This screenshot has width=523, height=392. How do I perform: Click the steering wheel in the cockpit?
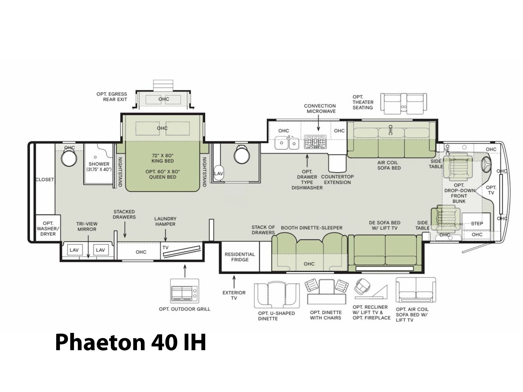(485, 164)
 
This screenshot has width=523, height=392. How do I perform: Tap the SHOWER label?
(99, 164)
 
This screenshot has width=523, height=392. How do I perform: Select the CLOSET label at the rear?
(45, 179)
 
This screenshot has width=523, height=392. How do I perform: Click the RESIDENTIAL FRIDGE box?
(240, 257)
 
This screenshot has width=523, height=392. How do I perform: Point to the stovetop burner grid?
(315, 142)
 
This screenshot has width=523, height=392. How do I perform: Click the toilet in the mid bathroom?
(242, 154)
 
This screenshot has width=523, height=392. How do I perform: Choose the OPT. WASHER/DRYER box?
(48, 228)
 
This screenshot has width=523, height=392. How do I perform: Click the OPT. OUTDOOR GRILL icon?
(184, 291)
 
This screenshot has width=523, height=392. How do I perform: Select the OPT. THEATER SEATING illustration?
(403, 104)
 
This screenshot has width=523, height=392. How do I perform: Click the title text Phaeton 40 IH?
(130, 343)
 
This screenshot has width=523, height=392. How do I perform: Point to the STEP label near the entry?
(477, 223)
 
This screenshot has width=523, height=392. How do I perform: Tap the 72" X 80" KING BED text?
(163, 158)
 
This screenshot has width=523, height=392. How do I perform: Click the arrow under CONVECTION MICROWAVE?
(318, 123)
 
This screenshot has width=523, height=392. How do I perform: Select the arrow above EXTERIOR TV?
(234, 282)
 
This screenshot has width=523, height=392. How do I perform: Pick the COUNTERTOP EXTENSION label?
(337, 179)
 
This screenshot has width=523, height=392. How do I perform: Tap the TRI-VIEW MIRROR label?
(87, 226)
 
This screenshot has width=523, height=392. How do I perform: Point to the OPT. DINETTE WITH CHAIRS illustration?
(327, 292)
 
